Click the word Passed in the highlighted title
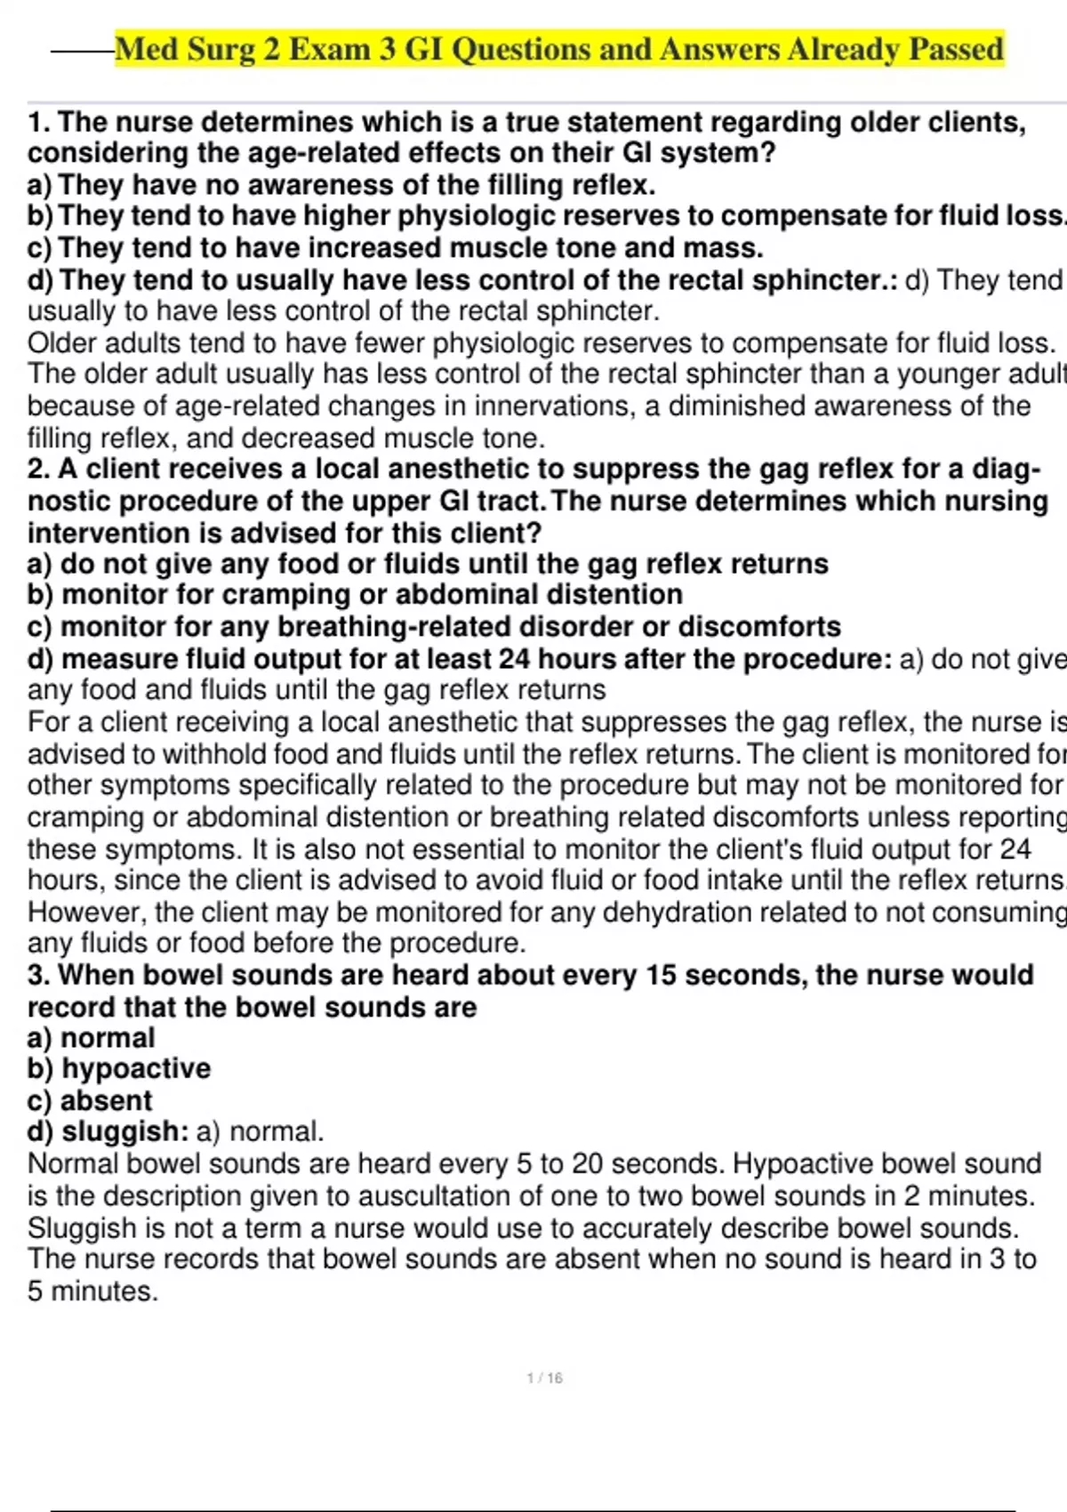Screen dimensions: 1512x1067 click(x=956, y=49)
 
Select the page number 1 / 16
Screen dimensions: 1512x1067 click(x=544, y=1378)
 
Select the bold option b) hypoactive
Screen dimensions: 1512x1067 click(x=119, y=1068)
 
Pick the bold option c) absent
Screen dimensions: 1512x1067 click(x=90, y=1100)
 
